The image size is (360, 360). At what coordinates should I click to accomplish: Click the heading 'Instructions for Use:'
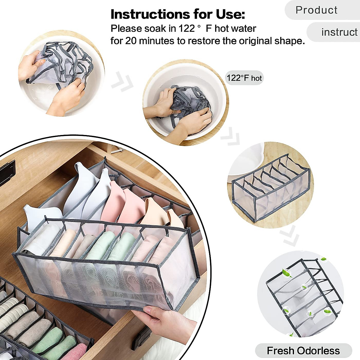[178, 14]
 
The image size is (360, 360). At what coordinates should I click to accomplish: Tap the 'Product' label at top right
[316, 10]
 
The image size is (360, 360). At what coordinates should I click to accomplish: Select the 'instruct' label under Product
[339, 32]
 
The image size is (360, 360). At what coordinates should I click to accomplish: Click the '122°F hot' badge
[244, 78]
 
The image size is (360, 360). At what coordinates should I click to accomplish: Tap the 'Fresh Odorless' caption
[303, 350]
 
